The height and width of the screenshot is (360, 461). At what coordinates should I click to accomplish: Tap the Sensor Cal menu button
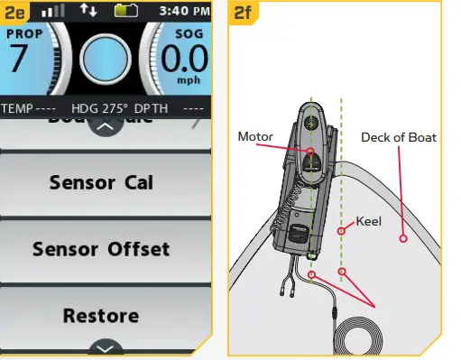[x=101, y=183]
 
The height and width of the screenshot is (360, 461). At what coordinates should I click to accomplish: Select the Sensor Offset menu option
[x=101, y=248]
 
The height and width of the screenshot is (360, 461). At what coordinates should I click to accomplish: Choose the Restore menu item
[x=101, y=316]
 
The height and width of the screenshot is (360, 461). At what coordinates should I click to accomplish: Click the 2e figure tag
[x=16, y=13]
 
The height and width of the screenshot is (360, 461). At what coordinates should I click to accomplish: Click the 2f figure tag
[x=244, y=13]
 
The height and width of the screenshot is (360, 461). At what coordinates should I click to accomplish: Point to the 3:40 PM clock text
[x=183, y=13]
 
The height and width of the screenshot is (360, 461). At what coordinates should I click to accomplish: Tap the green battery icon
[x=126, y=13]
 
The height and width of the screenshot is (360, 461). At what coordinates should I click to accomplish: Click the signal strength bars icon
[x=54, y=13]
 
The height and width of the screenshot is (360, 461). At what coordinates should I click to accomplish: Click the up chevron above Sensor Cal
[x=106, y=126]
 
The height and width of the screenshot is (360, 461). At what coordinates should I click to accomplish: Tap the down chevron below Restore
[x=106, y=347]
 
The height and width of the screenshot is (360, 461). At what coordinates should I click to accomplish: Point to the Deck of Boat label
[x=398, y=138]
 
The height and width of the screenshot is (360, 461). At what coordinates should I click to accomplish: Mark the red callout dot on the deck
[x=403, y=239]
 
